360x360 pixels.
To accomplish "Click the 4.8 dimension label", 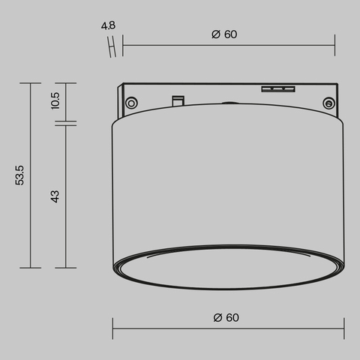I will [108, 25].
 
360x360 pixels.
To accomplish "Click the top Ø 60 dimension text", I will [224, 34].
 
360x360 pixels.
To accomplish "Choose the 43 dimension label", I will [55, 196].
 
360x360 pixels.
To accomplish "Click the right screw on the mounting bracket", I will [327, 103].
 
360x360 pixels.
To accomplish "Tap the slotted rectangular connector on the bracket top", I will [276, 88].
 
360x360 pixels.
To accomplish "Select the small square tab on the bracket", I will [178, 99].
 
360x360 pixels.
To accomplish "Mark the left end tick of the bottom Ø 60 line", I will [113, 328].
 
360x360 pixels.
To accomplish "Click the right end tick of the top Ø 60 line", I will [334, 44].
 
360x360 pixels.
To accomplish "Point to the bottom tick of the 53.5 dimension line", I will [30, 268].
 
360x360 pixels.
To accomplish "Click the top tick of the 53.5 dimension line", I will [30, 83].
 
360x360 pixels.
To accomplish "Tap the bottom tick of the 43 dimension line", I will [66, 268].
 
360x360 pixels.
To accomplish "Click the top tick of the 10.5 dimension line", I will [66, 83].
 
